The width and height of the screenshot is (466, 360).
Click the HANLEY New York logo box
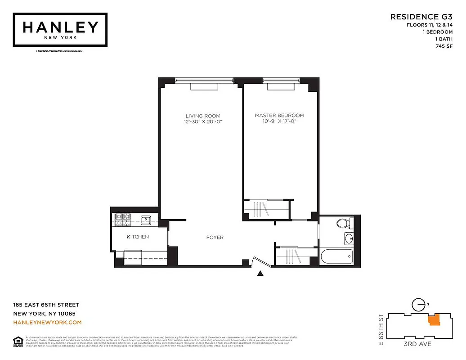[60, 29]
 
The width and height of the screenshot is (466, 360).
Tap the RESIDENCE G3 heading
[421, 17]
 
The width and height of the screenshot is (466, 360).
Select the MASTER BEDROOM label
[279, 116]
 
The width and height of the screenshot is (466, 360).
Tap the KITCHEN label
[138, 237]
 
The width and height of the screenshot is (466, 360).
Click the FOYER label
[215, 237]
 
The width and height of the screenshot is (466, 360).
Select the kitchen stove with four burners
[122, 220]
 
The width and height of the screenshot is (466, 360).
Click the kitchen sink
[145, 220]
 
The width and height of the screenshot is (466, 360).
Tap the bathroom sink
[349, 238]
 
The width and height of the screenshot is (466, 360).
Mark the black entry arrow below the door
[260, 273]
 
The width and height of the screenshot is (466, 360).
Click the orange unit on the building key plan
[434, 320]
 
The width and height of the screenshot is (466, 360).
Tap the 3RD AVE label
[417, 344]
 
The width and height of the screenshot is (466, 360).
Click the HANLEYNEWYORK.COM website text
[47, 322]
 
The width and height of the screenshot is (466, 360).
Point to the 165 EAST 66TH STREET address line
[46, 305]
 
